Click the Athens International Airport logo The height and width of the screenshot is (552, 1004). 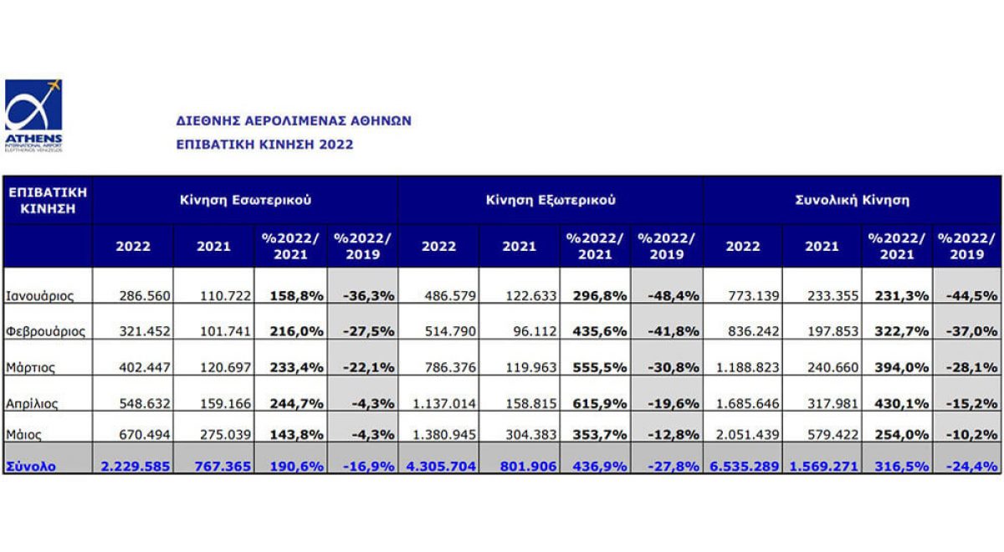(x=33, y=115)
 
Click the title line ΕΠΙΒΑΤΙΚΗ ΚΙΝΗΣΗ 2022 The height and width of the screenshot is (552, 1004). (x=264, y=144)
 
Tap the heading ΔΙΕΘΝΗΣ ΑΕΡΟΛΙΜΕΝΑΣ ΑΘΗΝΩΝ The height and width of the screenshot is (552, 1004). (x=294, y=120)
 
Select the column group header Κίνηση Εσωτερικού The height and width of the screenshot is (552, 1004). (x=245, y=201)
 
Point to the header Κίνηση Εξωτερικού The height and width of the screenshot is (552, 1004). (x=551, y=201)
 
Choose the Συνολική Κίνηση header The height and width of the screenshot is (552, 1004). (x=852, y=201)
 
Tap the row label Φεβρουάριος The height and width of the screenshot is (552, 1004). (x=45, y=331)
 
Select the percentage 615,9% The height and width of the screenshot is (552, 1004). (x=595, y=403)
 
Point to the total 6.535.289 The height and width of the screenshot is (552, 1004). (x=744, y=466)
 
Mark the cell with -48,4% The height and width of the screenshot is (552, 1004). (x=668, y=295)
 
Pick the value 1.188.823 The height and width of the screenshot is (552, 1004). (x=744, y=367)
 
